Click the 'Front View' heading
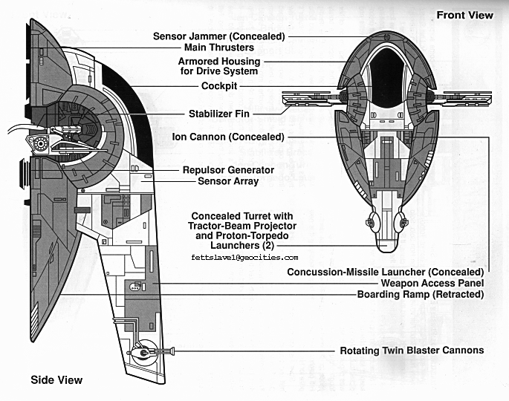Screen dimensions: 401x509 pyautogui.click(x=464, y=15)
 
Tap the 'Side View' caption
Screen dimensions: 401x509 pyautogui.click(x=56, y=380)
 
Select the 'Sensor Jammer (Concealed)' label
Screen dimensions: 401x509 pyautogui.click(x=219, y=36)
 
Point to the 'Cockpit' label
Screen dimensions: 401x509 pyautogui.click(x=219, y=85)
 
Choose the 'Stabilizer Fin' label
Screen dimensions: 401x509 pyautogui.click(x=219, y=114)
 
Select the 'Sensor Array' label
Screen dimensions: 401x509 pyautogui.click(x=228, y=180)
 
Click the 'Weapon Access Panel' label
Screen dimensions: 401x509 pyautogui.click(x=432, y=283)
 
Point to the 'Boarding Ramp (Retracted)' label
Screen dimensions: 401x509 pyautogui.click(x=421, y=294)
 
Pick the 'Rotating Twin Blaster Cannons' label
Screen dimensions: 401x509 pyautogui.click(x=412, y=350)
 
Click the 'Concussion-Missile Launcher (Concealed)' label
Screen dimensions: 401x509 pyautogui.click(x=386, y=272)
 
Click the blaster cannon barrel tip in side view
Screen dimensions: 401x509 pyautogui.click(x=172, y=350)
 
